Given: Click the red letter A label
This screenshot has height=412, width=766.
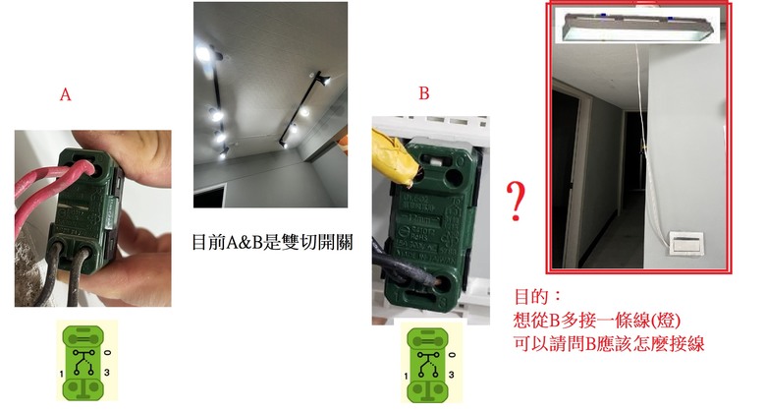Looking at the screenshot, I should click(65, 94).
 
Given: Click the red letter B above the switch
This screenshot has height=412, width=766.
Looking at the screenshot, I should click(423, 94).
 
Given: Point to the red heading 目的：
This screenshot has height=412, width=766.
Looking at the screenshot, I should click(538, 295).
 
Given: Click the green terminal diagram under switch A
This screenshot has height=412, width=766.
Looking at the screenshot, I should click(86, 359).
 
